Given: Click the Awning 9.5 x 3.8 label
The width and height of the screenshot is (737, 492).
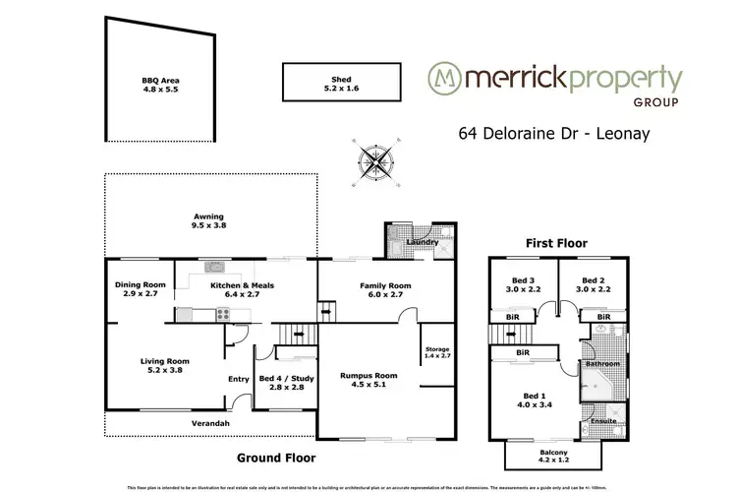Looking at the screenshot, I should tap(207, 224).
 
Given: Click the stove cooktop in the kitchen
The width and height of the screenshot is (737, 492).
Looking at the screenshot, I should tap(223, 316).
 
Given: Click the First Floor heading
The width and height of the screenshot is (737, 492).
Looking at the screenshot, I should tap(556, 242).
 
